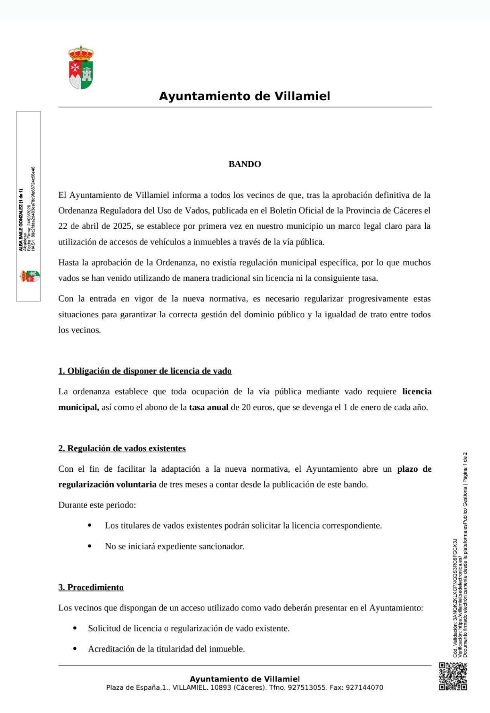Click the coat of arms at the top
81,67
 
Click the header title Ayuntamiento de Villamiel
245,96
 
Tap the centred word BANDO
245,164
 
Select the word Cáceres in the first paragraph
408,210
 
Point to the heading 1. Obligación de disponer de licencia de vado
145,371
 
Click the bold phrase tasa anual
208,407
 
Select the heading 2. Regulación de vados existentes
122,448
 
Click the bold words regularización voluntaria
107,485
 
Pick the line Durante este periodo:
97,505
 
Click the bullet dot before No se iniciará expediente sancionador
90,546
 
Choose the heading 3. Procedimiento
91,588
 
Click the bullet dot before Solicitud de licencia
75,628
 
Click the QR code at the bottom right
453,676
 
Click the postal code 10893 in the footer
221,688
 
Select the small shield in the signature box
30,276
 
